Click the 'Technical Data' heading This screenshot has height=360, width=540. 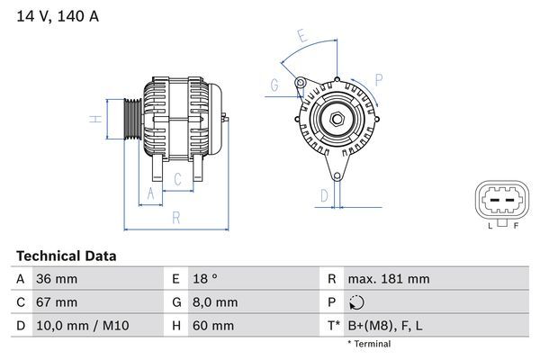(66, 256)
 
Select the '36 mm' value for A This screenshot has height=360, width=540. (56, 279)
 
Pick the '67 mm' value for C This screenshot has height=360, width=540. (56, 301)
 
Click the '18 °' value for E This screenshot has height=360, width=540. (206, 279)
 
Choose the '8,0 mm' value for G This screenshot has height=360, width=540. (214, 301)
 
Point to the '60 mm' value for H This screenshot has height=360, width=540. (212, 325)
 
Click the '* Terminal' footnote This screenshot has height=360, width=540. (370, 344)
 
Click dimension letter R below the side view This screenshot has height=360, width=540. (176, 217)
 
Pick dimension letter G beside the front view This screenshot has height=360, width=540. (274, 85)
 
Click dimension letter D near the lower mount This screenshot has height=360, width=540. (323, 193)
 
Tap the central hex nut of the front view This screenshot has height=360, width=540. (335, 119)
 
